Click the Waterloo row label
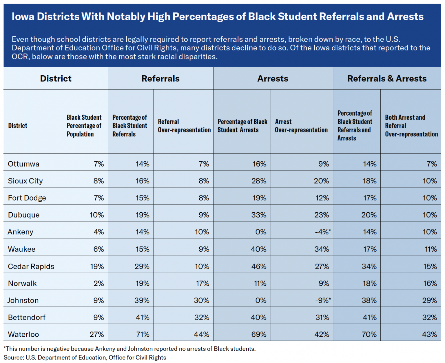[x=23, y=334]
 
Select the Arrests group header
[x=273, y=79]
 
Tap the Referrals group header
[x=161, y=79]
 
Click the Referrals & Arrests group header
[x=387, y=79]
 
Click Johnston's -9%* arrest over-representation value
[x=323, y=300]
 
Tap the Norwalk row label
[x=22, y=283]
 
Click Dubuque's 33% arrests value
[x=259, y=215]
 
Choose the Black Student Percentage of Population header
[x=84, y=125]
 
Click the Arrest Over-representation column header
[x=301, y=125]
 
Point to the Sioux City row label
[x=25, y=181]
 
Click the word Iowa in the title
[x=23, y=17]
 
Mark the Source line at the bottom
[x=85, y=357]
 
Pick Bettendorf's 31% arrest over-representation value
[x=322, y=317]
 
